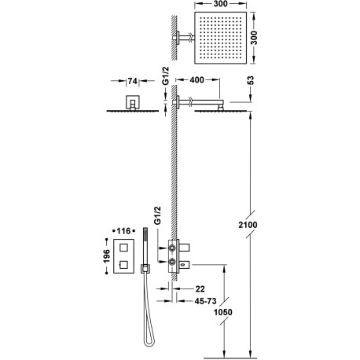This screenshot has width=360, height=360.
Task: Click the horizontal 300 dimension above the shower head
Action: (x=226, y=6)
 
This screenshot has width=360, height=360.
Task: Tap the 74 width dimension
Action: (x=132, y=81)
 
